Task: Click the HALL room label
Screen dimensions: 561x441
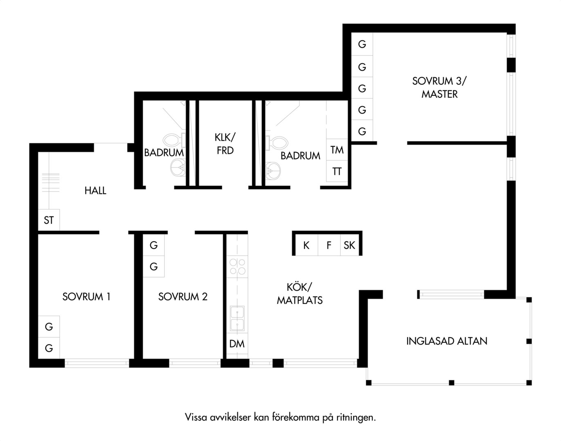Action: click(95, 191)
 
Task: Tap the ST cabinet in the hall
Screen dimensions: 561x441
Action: click(49, 220)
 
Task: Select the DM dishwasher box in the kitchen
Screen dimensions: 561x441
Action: click(237, 344)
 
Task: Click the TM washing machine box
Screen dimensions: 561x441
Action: click(337, 150)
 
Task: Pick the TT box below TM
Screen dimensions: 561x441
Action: click(337, 171)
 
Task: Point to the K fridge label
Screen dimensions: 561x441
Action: click(306, 245)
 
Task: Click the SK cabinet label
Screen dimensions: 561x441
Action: click(349, 245)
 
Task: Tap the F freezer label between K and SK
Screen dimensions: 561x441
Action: click(329, 245)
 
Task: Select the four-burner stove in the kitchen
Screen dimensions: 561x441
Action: click(237, 267)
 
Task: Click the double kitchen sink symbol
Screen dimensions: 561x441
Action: click(237, 318)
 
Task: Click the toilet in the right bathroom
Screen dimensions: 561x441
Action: click(276, 143)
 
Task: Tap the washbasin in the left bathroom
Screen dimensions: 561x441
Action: click(178, 167)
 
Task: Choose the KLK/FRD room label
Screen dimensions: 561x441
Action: click(225, 144)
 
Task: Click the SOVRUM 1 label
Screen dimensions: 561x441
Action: click(86, 297)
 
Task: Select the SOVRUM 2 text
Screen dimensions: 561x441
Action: click(183, 297)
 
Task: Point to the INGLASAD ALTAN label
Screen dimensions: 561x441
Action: click(447, 341)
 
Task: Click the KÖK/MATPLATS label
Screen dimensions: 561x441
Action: click(300, 294)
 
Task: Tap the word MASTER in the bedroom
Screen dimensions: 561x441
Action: click(440, 94)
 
